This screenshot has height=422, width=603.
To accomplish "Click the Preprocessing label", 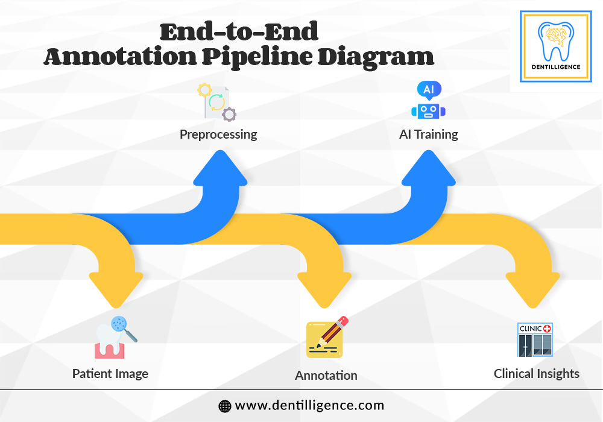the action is point(218,134).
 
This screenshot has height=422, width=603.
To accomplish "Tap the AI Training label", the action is point(428,134).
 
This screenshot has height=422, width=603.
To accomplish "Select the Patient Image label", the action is point(110,374).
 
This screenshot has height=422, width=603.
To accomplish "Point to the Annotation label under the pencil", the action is point(326,375).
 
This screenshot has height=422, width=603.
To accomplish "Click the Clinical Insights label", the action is point(537,374).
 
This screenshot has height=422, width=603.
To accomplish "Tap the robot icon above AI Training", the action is point(428,100).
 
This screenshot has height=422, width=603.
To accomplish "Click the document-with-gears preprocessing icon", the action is point(217,102).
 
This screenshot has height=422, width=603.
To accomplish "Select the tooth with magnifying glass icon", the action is point(116,338).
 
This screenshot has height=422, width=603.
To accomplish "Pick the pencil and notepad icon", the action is point(327,337).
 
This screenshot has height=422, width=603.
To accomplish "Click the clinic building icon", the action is point(535,340).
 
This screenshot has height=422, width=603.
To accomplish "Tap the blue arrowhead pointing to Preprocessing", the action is point(220,168).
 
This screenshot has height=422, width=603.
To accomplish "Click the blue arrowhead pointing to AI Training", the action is point(428,168).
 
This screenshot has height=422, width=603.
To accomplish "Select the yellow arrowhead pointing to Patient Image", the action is point(116,289).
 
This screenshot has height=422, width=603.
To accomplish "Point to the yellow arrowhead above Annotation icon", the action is point(324,289).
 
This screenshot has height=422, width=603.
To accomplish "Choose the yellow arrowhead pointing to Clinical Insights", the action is point(532,289).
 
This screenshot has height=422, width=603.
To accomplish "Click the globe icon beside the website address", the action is point(224,406).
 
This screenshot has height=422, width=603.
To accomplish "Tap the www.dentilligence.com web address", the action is point(309,406).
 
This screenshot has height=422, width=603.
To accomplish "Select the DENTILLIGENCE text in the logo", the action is point(556,67).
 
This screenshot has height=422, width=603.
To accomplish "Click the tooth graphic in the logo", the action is point(556,41).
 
